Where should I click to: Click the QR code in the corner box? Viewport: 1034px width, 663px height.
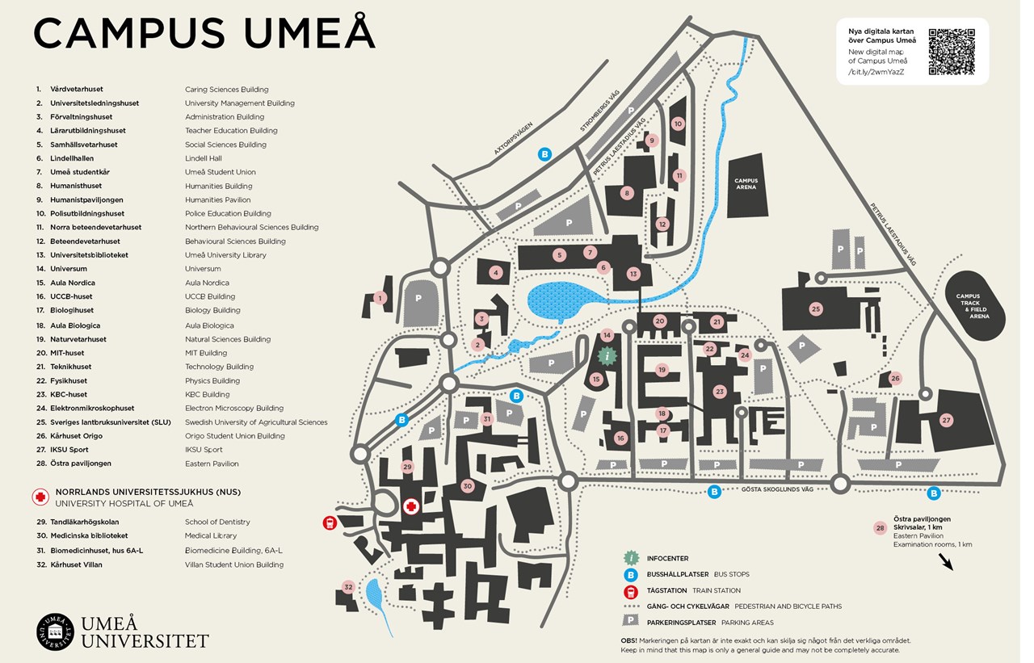pyautogui.click(x=951, y=52)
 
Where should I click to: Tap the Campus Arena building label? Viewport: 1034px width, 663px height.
pyautogui.click(x=746, y=183)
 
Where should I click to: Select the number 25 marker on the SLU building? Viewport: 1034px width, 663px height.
pyautogui.click(x=816, y=308)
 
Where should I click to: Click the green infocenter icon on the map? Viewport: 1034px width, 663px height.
pyautogui.click(x=607, y=355)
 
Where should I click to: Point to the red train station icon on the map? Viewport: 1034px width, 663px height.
pyautogui.click(x=330, y=523)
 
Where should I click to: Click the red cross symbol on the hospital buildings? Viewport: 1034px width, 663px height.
pyautogui.click(x=410, y=506)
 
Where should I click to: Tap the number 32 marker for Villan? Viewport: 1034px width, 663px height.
pyautogui.click(x=349, y=586)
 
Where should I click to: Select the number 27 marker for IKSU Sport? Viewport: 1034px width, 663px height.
pyautogui.click(x=947, y=420)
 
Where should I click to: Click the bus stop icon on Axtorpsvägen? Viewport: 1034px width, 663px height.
pyautogui.click(x=544, y=154)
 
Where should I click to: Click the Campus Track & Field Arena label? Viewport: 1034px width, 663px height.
pyautogui.click(x=973, y=306)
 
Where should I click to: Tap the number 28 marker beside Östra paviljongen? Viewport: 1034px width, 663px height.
pyautogui.click(x=880, y=528)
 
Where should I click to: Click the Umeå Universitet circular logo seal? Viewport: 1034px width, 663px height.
pyautogui.click(x=55, y=631)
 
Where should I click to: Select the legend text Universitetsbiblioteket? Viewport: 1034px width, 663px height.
pyautogui.click(x=89, y=255)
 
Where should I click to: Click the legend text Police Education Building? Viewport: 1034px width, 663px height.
pyautogui.click(x=228, y=214)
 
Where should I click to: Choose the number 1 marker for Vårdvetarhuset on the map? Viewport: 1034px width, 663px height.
pyautogui.click(x=380, y=298)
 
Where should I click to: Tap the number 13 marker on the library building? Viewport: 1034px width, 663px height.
pyautogui.click(x=633, y=274)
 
